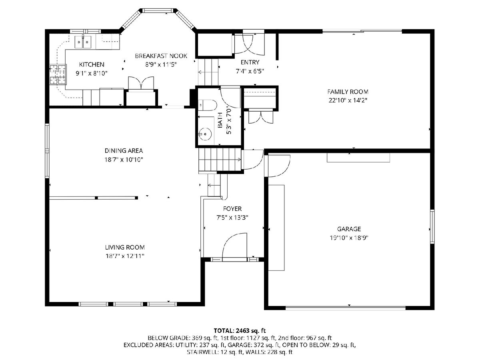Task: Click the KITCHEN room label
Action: (92, 64)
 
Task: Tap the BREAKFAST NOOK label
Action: (161, 56)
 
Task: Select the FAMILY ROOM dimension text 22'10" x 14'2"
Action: (348, 100)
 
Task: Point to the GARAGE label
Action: (349, 229)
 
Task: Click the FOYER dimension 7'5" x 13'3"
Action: (232, 218)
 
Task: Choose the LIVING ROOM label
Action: (125, 247)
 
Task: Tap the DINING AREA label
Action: (124, 151)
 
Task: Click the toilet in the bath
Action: (207, 105)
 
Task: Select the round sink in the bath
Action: (205, 134)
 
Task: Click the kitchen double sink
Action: (83, 42)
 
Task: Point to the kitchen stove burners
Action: (58, 74)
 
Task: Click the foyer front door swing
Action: (235, 247)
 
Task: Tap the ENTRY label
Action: (250, 62)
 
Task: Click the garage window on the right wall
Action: (432, 226)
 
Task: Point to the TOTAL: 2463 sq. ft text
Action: (240, 330)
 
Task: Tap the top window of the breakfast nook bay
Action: (158, 10)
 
